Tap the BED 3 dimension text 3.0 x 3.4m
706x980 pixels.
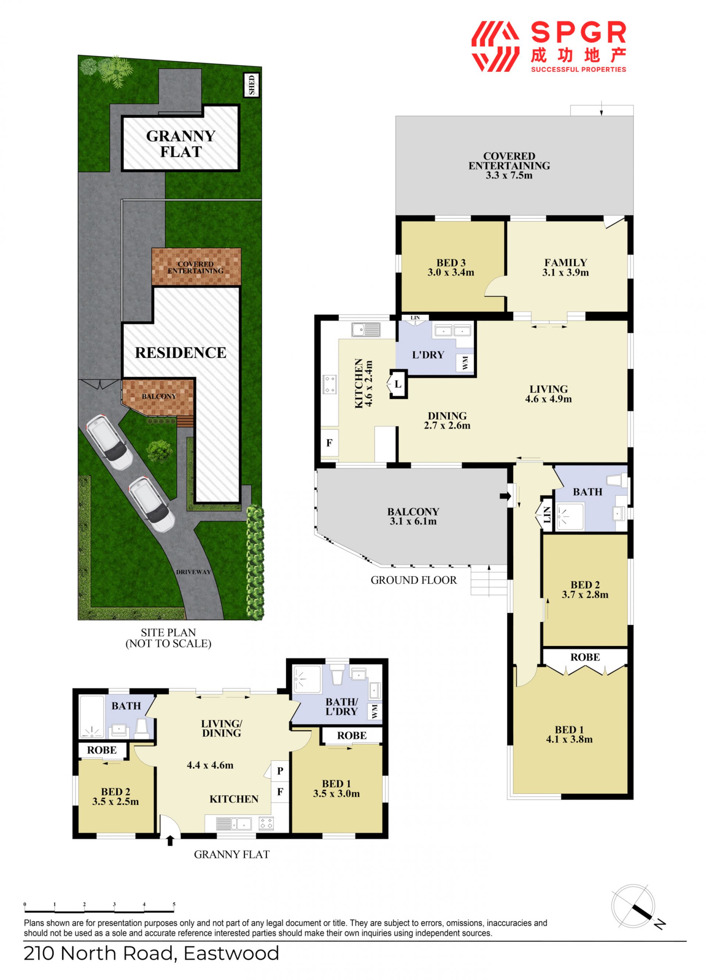pos(450,272)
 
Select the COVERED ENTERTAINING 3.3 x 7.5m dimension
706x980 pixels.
pos(509,175)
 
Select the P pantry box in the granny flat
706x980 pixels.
pos(280,770)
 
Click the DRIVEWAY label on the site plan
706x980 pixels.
pos(193,572)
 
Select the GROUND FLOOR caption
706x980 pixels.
pos(413,580)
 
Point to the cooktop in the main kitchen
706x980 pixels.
pos(329,384)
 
